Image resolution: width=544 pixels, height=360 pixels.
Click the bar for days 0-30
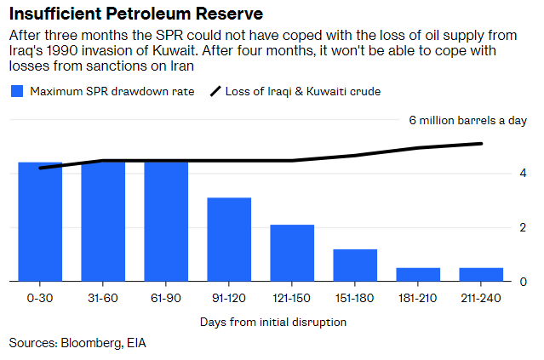click(x=40, y=221)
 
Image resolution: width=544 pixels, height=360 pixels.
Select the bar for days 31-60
click(x=103, y=221)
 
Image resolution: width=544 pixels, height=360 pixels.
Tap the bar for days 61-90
click(x=166, y=221)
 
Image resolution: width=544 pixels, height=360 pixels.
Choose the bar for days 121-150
click(x=292, y=253)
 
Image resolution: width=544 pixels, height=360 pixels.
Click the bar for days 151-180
click(x=355, y=265)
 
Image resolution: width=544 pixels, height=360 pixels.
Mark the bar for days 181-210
click(x=418, y=274)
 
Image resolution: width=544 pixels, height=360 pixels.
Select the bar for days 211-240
click(x=481, y=274)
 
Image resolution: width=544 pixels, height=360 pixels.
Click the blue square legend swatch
click(x=16, y=91)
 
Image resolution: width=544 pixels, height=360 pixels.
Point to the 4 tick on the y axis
click(x=522, y=174)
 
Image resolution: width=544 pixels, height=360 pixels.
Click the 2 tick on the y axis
click(x=522, y=228)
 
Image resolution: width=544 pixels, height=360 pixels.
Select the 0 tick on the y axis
click(x=522, y=282)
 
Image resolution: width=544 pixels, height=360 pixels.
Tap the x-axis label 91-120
click(x=229, y=299)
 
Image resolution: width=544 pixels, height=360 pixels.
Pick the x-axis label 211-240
click(x=481, y=299)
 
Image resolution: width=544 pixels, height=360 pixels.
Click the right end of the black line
click(x=482, y=143)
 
